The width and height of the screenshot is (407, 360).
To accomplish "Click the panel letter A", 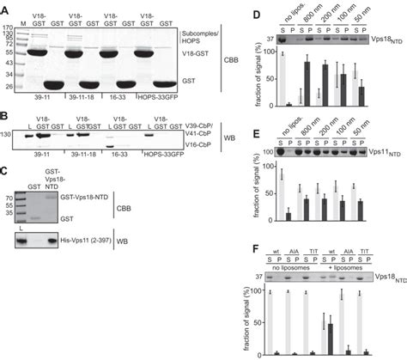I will (9, 7).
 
